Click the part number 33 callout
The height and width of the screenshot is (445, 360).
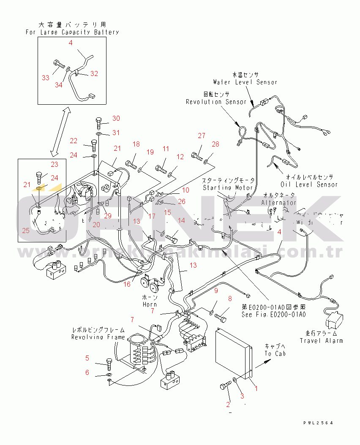click(46, 77)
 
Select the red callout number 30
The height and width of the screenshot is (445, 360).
click(116, 118)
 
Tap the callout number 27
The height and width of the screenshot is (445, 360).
click(202, 136)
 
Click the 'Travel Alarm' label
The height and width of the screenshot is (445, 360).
click(321, 340)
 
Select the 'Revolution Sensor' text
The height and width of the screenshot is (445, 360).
click(216, 102)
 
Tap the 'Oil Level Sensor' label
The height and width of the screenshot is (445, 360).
click(309, 184)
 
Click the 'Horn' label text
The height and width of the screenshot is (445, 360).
click(150, 304)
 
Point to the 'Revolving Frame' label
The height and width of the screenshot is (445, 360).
click(98, 337)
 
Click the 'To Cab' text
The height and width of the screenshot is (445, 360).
click(275, 353)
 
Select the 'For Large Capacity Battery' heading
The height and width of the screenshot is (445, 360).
click(72, 32)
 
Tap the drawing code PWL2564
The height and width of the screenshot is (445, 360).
click(318, 423)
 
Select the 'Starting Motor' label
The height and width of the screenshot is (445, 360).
click(227, 187)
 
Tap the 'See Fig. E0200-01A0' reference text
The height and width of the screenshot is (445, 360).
click(274, 314)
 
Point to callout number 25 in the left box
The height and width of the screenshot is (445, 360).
click(26, 231)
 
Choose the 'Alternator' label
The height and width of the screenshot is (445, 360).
click(278, 203)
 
